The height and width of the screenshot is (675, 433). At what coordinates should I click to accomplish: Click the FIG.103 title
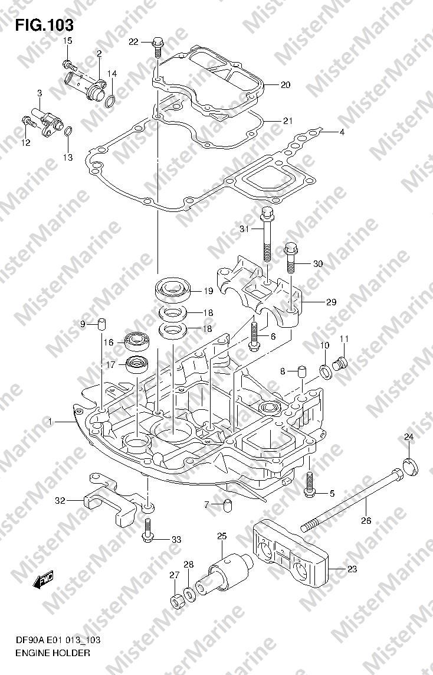[44, 25]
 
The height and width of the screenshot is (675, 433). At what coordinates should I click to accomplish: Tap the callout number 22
[134, 42]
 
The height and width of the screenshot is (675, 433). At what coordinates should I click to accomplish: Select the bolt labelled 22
[158, 47]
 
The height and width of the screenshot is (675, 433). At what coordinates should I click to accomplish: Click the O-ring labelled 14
[110, 101]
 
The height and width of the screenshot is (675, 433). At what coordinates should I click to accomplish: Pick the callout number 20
[285, 85]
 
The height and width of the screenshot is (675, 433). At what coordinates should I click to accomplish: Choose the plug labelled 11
[340, 364]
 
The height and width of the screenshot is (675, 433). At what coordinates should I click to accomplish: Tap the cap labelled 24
[411, 468]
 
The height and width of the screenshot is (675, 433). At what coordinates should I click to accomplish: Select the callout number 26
[366, 520]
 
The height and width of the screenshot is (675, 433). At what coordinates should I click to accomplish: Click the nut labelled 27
[176, 601]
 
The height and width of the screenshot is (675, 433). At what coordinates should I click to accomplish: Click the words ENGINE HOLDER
[53, 653]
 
